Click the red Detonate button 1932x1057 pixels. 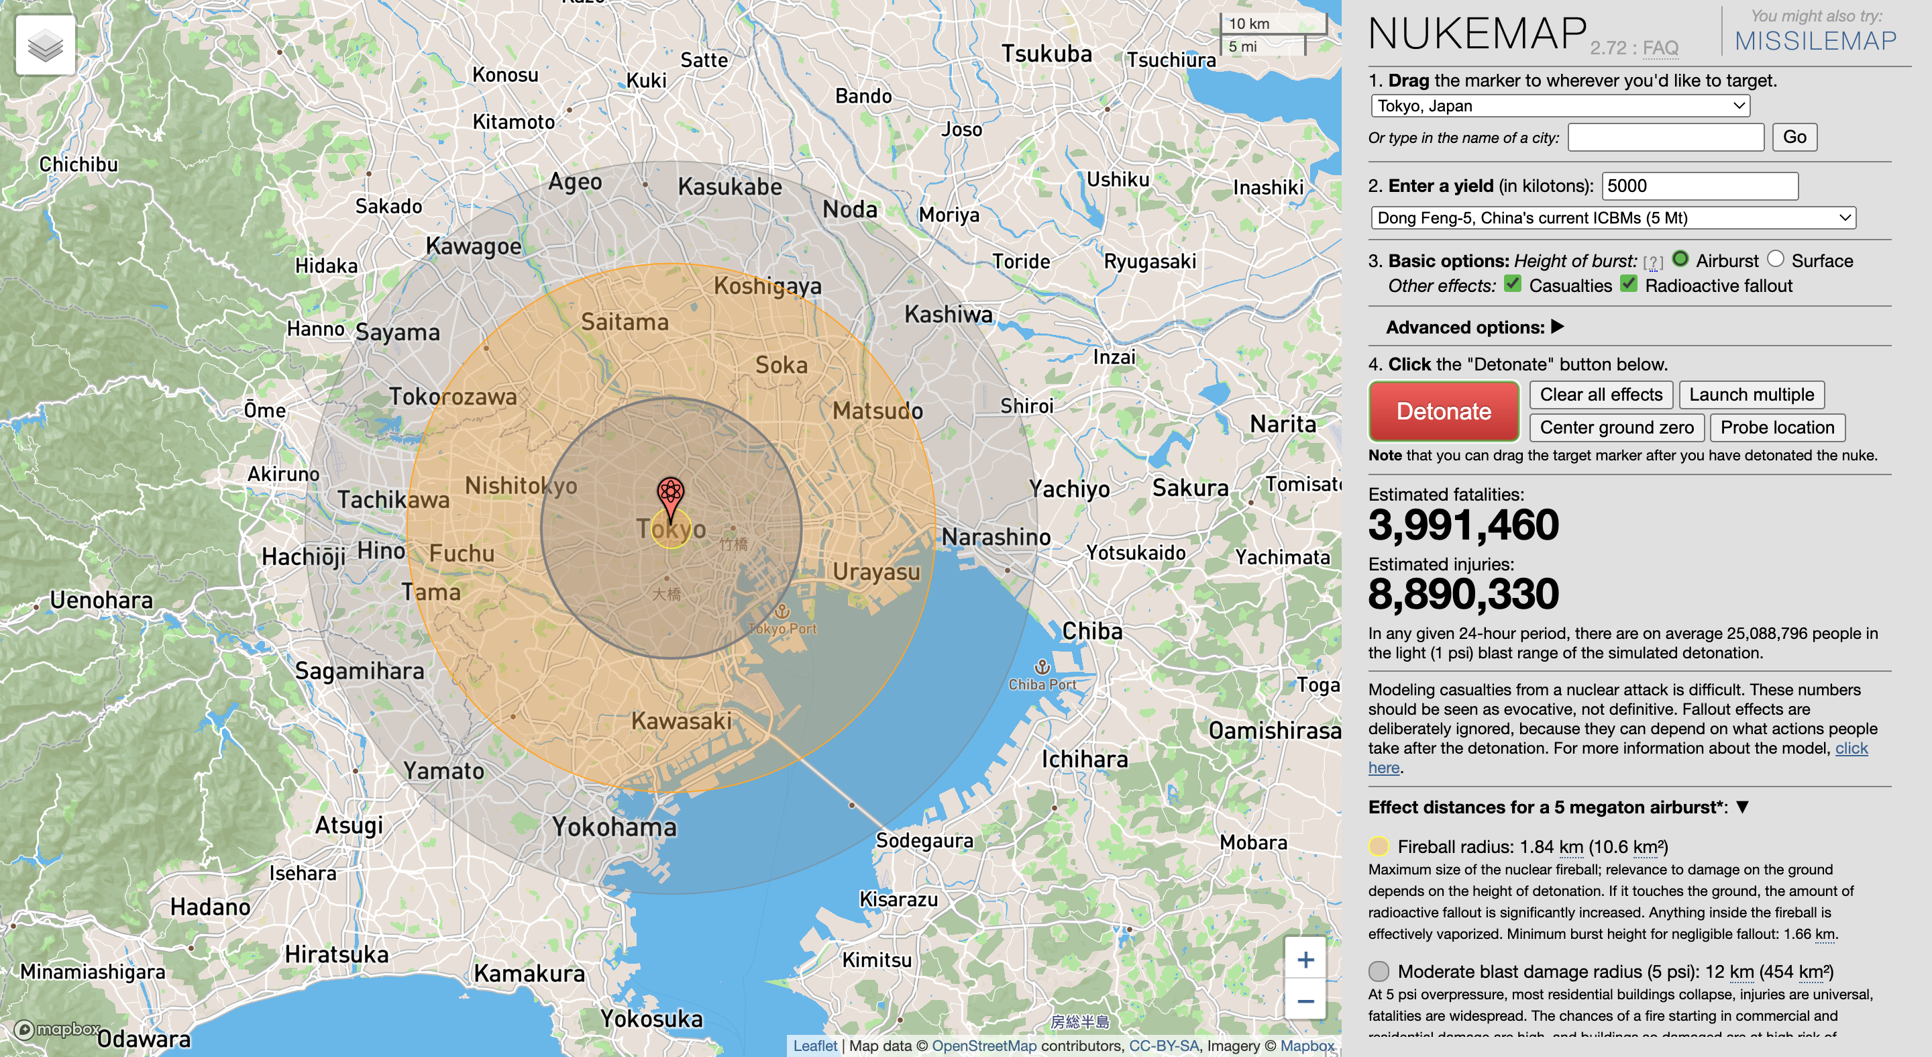1443,411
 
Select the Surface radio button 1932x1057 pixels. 1775,259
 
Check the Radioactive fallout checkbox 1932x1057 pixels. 1628,284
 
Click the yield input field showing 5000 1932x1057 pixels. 1699,185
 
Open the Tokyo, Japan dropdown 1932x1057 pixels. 1560,106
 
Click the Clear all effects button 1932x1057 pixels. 1601,395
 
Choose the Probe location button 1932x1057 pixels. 1777,427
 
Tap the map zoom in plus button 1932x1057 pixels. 1305,960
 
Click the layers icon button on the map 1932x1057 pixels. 45,45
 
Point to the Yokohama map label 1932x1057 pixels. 614,827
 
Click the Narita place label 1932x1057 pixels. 1283,425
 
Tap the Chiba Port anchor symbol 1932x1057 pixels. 1042,666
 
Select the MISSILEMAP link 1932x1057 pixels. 1815,40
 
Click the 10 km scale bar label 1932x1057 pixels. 1248,23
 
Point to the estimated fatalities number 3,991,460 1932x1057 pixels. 1462,524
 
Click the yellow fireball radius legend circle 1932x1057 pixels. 1379,846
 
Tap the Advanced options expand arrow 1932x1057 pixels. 1558,326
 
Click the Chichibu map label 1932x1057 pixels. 78,164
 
